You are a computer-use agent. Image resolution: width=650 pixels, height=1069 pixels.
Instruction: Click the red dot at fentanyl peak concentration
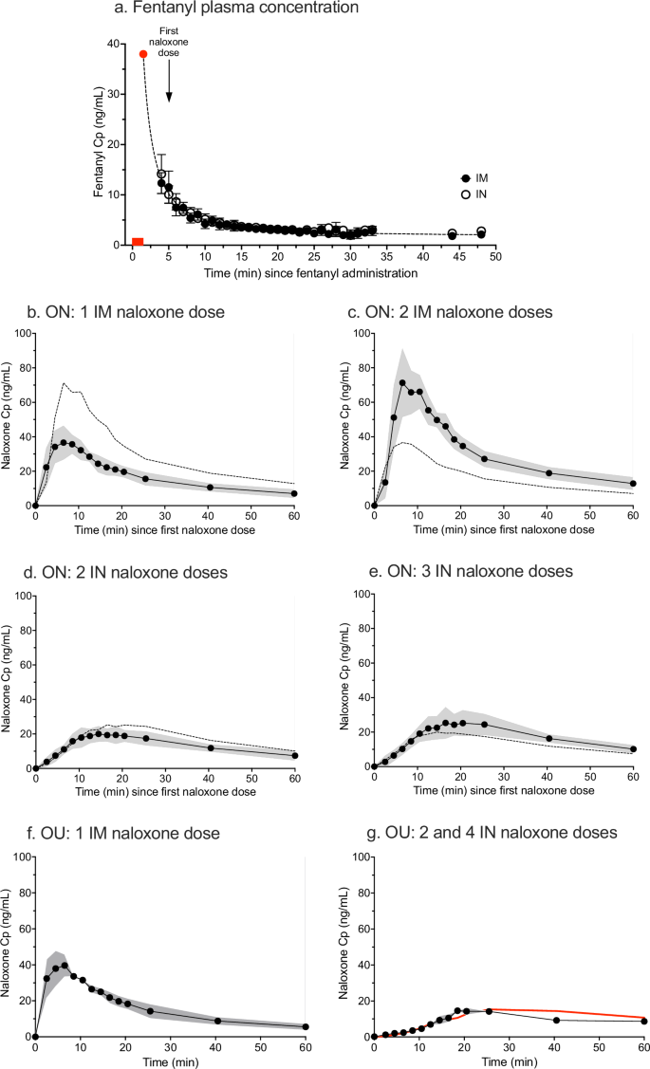tap(143, 54)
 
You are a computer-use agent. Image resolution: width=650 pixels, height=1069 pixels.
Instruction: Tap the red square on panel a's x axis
tap(138, 242)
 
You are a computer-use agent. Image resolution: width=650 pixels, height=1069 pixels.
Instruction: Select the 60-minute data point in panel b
tap(294, 493)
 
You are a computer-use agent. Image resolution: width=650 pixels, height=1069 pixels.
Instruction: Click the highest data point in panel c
tap(402, 383)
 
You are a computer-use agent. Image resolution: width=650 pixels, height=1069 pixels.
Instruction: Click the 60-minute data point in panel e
tap(633, 749)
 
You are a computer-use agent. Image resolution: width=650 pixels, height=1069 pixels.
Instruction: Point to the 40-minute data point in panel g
tap(556, 1020)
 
